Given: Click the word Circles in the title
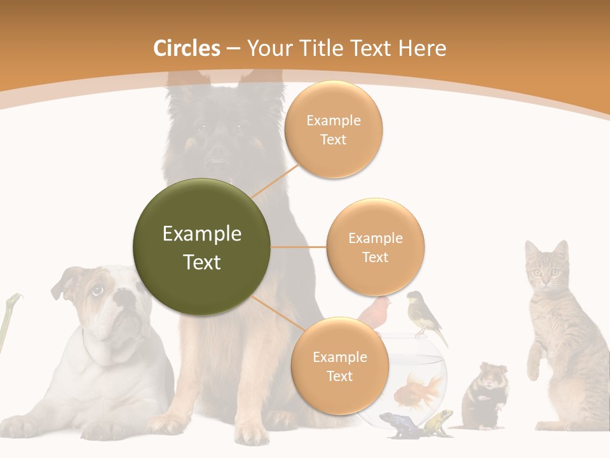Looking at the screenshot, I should point(187,48).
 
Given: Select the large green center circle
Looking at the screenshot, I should point(201,247).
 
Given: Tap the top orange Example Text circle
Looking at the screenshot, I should point(333,130).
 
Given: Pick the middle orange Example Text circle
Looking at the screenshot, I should point(375,247).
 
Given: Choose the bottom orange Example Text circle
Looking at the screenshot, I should point(339,366).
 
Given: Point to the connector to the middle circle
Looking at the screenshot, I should point(298,247).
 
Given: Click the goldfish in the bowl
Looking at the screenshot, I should point(419,389).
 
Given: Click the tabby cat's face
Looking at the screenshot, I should point(545,270).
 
